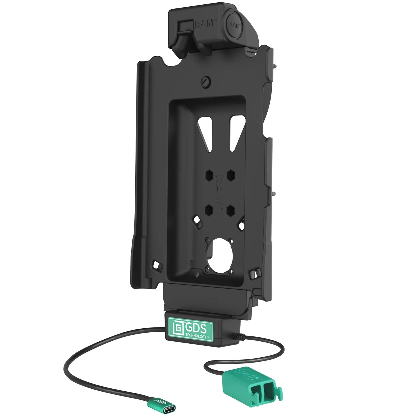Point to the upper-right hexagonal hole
pos(231,175)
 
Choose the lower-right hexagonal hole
pos(231,210)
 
